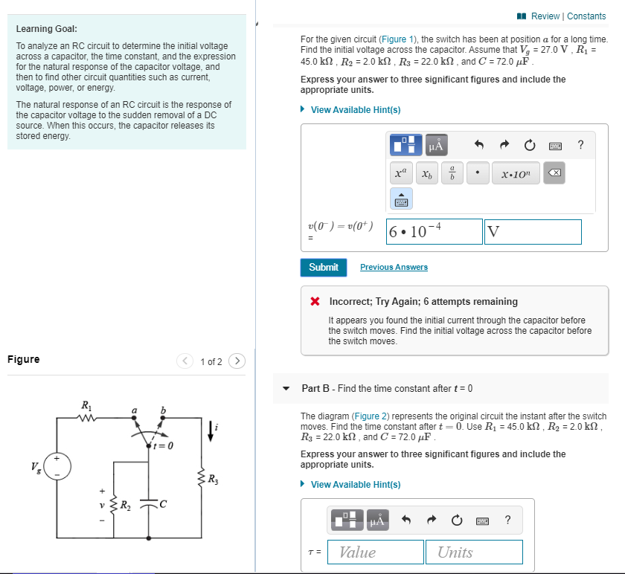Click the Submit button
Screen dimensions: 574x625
(x=323, y=267)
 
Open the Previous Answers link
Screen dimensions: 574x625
(x=394, y=267)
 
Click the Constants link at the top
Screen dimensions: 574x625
(x=586, y=16)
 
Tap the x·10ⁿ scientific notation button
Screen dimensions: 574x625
(x=516, y=174)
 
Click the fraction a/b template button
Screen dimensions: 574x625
(x=452, y=174)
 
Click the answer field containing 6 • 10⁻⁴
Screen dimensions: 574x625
(x=435, y=231)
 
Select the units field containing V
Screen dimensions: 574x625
(x=532, y=231)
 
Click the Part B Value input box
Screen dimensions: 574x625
(x=375, y=552)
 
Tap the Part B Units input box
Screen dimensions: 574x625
(x=474, y=552)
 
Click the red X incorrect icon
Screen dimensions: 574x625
(x=315, y=302)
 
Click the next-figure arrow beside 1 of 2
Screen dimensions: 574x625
(x=237, y=361)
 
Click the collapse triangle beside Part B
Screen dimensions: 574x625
(x=286, y=388)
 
